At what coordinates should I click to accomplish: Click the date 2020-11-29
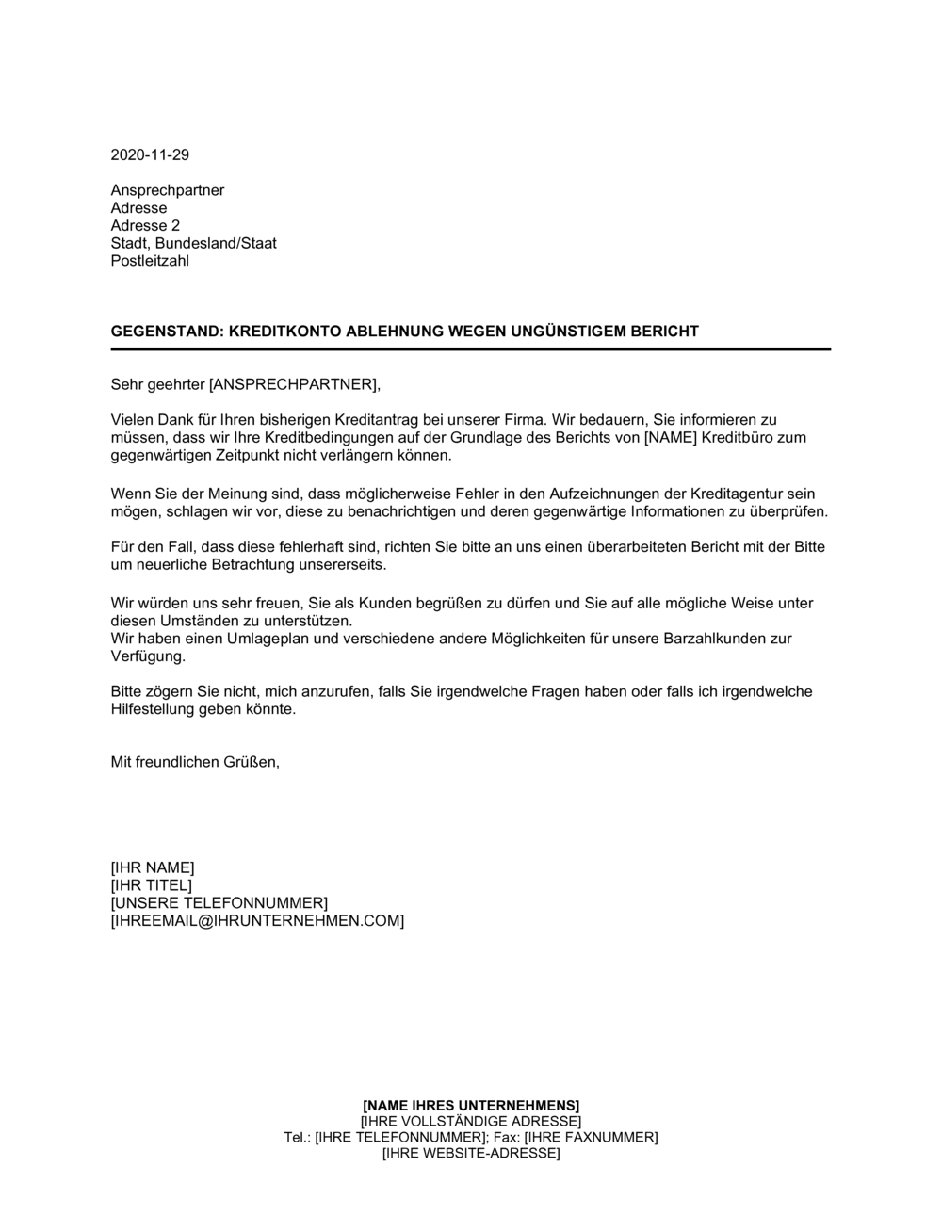coord(150,155)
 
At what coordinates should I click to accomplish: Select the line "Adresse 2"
coord(145,226)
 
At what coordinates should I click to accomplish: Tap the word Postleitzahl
coord(150,261)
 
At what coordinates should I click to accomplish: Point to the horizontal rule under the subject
coord(471,349)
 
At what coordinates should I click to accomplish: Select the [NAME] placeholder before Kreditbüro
coord(671,438)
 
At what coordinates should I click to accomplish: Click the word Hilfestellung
coord(151,709)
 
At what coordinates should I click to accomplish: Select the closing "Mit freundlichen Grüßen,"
coord(195,762)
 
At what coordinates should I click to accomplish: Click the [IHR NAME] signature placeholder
coord(153,867)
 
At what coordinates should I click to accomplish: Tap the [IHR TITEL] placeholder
coord(151,885)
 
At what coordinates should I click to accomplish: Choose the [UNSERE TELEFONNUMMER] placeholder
coord(219,903)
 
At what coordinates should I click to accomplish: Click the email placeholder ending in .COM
coord(257,921)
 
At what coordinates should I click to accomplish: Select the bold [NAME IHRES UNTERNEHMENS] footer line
coord(471,1105)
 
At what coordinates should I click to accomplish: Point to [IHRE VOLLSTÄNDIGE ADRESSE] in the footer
coord(471,1121)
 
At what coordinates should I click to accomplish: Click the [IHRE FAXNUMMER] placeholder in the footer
coord(591,1138)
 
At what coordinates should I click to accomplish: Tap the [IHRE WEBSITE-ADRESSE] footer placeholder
coord(471,1154)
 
